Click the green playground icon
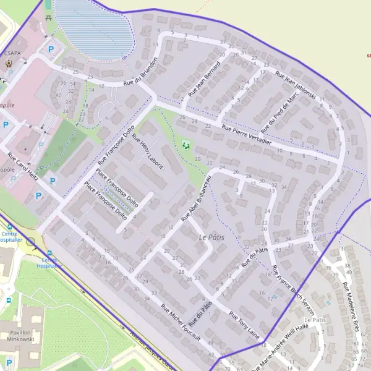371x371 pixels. tap(185, 146)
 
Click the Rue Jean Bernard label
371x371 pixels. tap(204, 79)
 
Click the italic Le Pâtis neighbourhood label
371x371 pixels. tap(211, 237)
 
